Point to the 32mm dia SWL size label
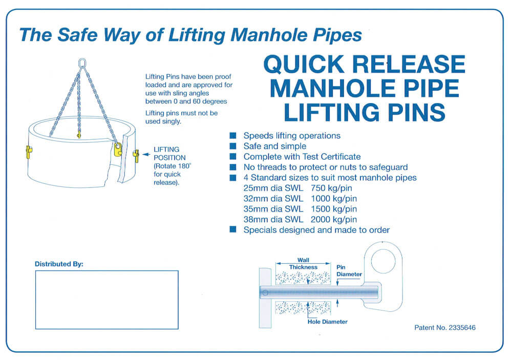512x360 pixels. click(274, 199)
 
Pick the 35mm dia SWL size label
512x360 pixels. click(274, 209)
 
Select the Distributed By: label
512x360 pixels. click(59, 264)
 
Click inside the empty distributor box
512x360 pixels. click(106, 300)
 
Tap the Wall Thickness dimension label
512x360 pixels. click(303, 264)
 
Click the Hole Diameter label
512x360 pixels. click(327, 322)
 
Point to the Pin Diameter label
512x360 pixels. click(349, 271)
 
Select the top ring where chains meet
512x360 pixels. click(81, 63)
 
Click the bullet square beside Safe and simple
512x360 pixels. click(233, 146)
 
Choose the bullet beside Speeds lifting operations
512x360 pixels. click(233, 136)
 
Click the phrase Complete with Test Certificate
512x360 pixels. click(302, 157)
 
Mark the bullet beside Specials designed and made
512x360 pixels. click(233, 230)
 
